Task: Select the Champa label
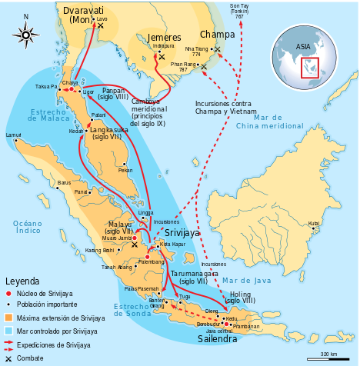click(218, 34)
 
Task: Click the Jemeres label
click(164, 36)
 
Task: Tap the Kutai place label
click(314, 224)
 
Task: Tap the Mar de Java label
click(245, 282)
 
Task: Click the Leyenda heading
click(22, 281)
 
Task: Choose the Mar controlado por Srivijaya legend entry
click(50, 331)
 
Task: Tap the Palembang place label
click(151, 262)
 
